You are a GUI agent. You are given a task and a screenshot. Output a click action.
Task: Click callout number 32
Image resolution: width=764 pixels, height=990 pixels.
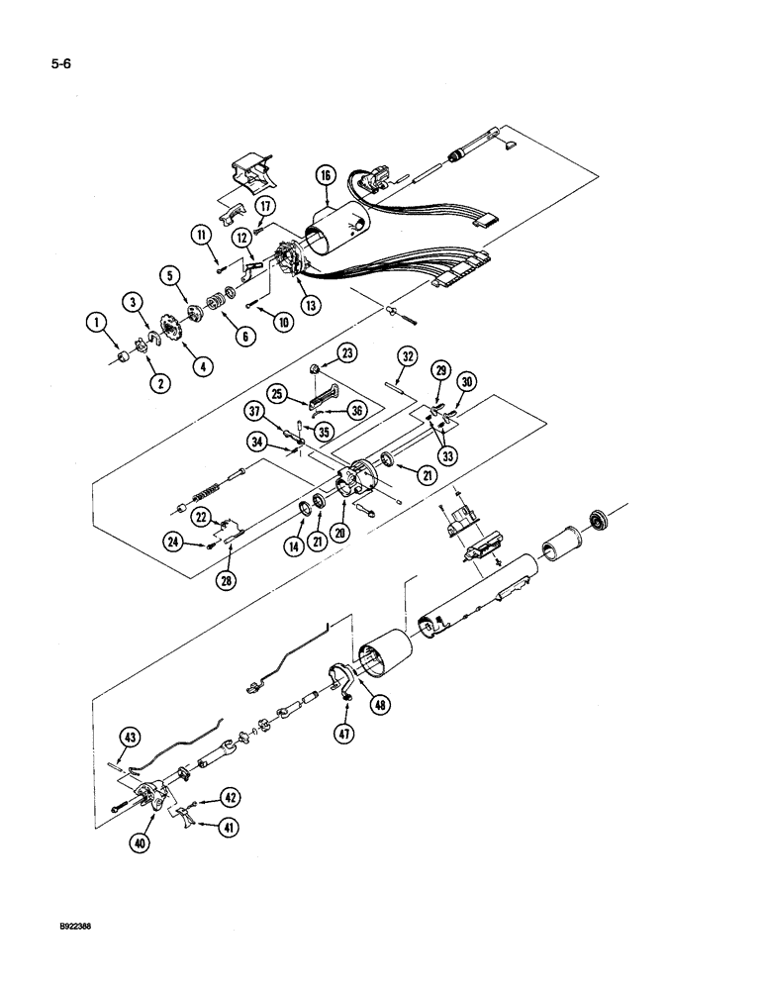pos(406,357)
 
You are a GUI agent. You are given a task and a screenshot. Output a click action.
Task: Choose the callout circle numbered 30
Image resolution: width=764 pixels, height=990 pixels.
pos(468,382)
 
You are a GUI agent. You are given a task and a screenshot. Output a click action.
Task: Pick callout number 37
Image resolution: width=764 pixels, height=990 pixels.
pos(255,412)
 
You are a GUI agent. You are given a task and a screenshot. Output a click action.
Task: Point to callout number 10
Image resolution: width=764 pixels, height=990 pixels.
pos(257,321)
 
